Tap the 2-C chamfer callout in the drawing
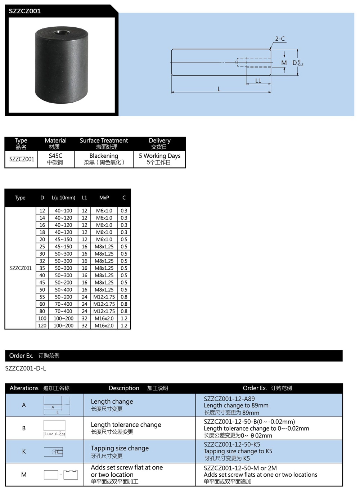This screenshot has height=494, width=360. [x=280, y=39]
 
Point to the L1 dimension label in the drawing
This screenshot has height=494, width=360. [x=258, y=81]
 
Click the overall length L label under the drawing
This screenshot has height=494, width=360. [x=219, y=89]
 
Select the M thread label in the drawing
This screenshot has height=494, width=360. [x=284, y=63]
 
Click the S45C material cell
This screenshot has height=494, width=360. [x=55, y=159]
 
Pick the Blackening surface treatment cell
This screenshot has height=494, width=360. [x=104, y=159]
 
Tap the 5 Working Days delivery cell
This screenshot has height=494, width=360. [x=159, y=159]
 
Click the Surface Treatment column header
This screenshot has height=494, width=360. [x=104, y=143]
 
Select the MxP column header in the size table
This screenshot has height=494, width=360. [x=104, y=198]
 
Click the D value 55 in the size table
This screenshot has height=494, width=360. [x=42, y=297]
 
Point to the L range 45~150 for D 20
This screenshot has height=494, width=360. [x=63, y=239]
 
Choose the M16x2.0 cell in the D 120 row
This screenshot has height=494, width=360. [x=104, y=326]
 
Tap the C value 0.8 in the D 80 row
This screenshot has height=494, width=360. [x=124, y=311]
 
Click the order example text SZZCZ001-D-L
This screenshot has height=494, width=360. [x=26, y=368]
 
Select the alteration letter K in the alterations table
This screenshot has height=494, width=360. [x=24, y=452]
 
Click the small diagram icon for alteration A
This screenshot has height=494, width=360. [x=57, y=405]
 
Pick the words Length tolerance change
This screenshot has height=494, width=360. [x=126, y=425]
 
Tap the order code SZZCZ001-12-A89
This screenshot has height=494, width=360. [x=229, y=399]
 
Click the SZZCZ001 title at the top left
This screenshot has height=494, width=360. [x=25, y=11]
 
